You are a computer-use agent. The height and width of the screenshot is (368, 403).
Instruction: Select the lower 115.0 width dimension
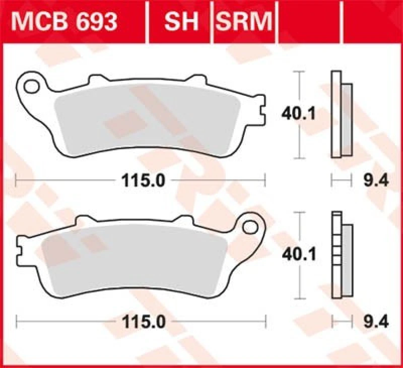click(x=143, y=320)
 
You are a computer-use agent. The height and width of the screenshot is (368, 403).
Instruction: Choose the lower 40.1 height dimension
click(x=299, y=255)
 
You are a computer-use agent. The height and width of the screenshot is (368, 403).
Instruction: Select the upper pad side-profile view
click(x=341, y=114)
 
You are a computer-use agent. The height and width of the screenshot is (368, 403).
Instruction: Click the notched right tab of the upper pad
click(x=260, y=109)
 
